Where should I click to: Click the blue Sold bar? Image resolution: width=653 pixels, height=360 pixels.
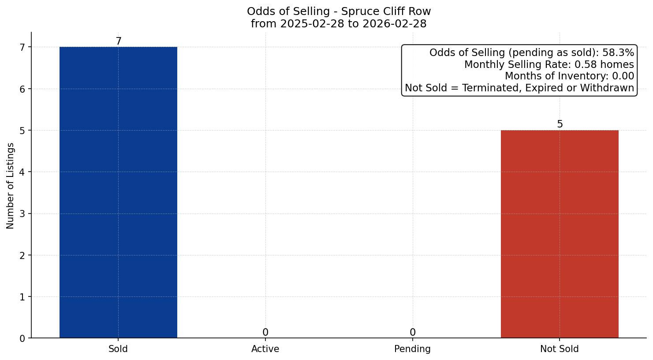point(118,192)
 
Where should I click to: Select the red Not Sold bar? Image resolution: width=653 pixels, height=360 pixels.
point(560,234)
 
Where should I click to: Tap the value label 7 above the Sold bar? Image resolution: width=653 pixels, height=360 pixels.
point(118,41)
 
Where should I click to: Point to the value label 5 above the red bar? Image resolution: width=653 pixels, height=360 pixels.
point(560,124)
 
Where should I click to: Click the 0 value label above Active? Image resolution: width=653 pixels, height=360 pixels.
point(265,333)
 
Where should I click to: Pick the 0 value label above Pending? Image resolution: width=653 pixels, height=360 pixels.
point(412,333)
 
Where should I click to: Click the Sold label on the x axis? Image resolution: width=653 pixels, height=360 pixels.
point(118,349)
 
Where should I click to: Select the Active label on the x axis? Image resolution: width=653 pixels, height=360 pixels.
point(265,349)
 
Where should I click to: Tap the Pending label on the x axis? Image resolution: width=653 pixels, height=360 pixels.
point(412,349)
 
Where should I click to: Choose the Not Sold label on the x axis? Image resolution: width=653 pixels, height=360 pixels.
point(560,349)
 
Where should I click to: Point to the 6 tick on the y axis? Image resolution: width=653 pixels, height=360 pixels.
point(22,89)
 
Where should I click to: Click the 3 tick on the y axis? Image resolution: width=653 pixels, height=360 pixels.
point(22,214)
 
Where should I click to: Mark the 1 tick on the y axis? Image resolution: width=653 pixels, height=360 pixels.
point(22,297)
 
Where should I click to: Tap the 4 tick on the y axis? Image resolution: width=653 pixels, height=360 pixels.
point(22,172)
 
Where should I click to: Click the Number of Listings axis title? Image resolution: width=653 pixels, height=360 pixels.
point(10,186)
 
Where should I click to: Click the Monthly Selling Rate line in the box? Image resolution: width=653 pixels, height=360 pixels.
point(549,65)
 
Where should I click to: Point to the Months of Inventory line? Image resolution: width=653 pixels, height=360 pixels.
point(569,76)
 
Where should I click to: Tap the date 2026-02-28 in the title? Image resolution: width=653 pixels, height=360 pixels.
point(395,24)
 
